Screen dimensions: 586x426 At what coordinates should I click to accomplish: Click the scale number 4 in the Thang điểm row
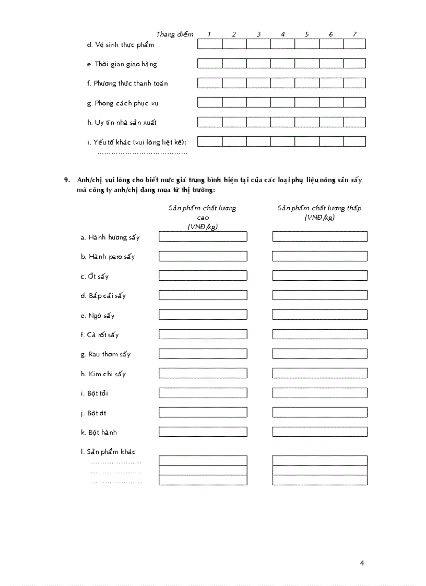point(282,34)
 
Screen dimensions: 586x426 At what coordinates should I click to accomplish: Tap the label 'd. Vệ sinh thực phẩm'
point(121,45)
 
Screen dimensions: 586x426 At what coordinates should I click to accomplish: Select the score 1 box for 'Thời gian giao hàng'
point(209,64)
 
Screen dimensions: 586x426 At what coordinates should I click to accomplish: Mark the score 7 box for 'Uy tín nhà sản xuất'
point(354,122)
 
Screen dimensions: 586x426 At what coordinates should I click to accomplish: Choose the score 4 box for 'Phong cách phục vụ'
point(282,103)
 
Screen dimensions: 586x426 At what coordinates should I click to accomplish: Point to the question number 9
point(67,180)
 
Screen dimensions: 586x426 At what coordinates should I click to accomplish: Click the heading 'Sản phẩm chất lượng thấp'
point(319,208)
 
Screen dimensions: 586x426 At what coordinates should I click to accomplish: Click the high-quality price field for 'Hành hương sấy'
point(203,237)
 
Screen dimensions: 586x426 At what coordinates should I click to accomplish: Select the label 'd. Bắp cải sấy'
point(103,296)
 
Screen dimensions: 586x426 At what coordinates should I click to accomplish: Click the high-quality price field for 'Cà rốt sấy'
point(203,334)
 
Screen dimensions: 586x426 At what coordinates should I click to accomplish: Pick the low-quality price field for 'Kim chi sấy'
point(319,374)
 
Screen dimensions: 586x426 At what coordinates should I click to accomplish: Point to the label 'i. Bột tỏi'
point(94,393)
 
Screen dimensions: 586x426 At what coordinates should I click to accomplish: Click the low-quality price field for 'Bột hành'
point(319,432)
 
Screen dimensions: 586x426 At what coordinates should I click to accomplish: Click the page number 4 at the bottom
point(362,563)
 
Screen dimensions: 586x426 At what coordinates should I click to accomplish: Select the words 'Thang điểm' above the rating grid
point(174,34)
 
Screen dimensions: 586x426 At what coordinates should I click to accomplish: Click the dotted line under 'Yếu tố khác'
point(142,153)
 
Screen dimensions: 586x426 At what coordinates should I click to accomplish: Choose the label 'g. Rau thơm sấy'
point(105,354)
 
